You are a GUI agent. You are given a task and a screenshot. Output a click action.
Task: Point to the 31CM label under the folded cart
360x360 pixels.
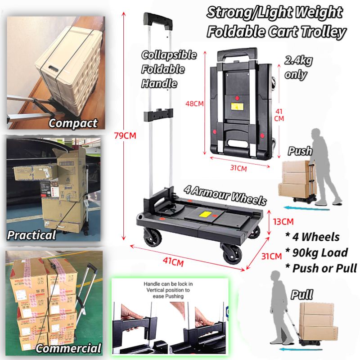point(238,169)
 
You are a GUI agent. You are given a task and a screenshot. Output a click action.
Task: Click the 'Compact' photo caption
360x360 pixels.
point(73,123)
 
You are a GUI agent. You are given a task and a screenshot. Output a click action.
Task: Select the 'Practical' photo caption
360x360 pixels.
point(31,234)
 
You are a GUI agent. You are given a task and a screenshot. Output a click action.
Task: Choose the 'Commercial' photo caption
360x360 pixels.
point(68,348)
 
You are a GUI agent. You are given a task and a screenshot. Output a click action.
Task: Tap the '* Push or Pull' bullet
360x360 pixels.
point(321,268)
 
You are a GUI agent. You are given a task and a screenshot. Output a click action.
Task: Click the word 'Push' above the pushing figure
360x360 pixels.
point(300,151)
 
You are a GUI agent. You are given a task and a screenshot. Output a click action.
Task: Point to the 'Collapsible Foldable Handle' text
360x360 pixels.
point(169,69)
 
